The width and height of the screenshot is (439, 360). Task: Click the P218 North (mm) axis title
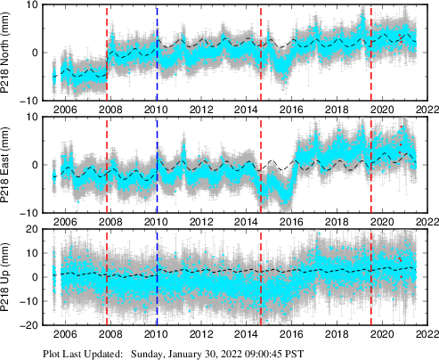(x=7, y=52)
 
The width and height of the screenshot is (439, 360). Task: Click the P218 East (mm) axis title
(x=7, y=164)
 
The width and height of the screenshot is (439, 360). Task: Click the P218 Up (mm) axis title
(x=7, y=277)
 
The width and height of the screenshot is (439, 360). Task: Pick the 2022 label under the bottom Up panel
(x=426, y=335)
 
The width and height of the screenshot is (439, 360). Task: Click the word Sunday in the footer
(x=150, y=353)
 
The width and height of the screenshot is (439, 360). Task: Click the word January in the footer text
(x=198, y=353)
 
